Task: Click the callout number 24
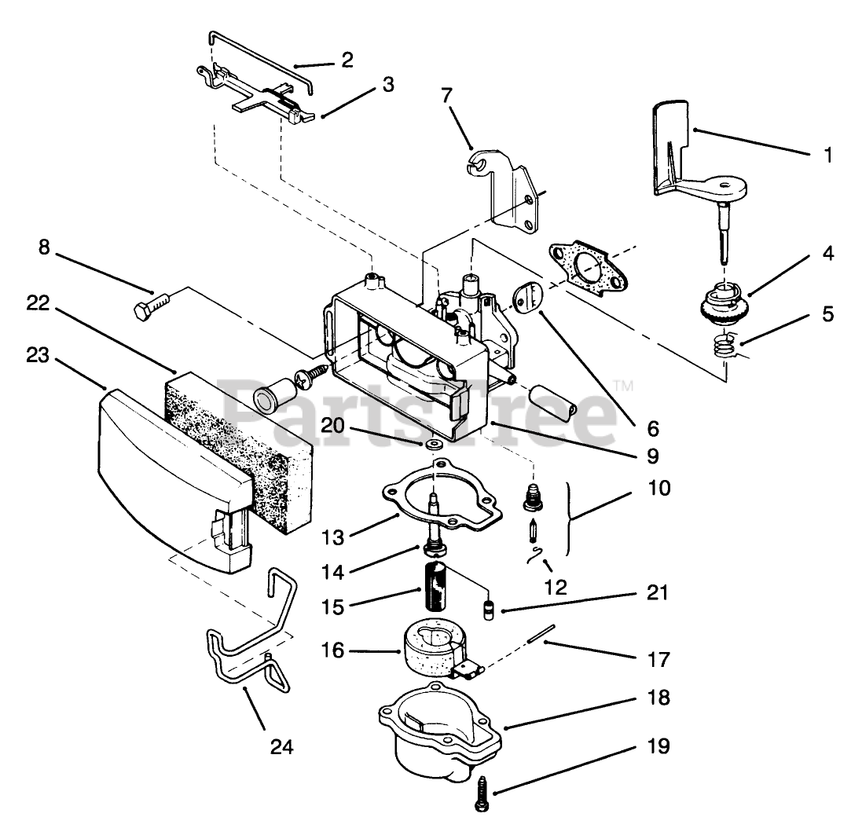tap(281, 747)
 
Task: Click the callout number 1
tap(827, 156)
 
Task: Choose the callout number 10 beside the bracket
tap(659, 488)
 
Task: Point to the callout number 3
tap(387, 85)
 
